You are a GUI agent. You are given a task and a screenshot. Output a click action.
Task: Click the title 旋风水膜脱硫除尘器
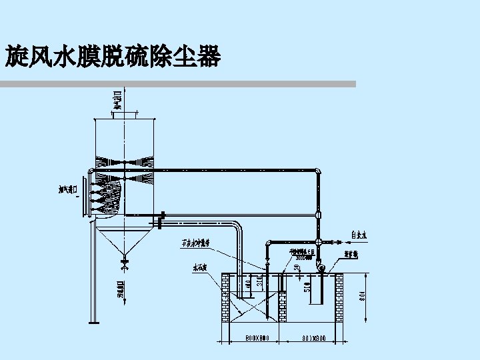click(113, 57)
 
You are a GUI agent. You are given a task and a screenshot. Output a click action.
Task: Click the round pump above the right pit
click(321, 267)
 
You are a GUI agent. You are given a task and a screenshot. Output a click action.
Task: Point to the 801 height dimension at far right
click(361, 294)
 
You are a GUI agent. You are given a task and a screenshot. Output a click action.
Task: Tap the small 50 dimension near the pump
click(297, 267)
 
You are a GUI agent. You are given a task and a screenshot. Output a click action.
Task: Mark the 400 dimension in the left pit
click(248, 283)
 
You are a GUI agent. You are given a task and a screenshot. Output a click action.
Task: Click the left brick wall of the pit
click(225, 297)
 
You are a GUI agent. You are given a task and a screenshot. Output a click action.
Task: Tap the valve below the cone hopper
click(124, 265)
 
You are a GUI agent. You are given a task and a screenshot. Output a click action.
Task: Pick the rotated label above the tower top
click(117, 99)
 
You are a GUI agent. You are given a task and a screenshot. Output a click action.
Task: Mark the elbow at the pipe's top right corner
click(318, 173)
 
